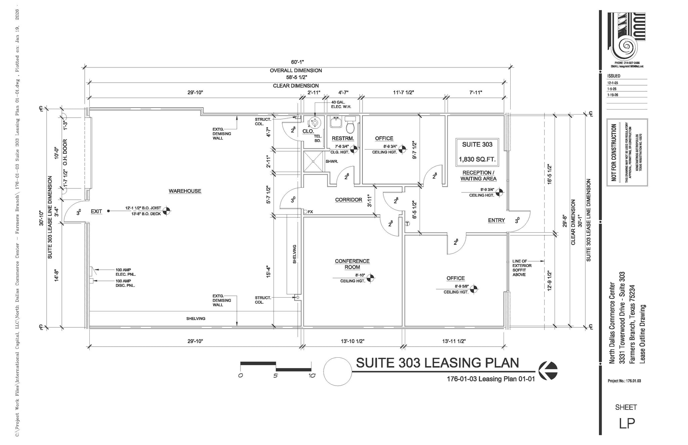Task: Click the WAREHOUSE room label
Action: [185, 191]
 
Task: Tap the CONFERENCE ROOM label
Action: [352, 264]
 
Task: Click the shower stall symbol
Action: [313, 162]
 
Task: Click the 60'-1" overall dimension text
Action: [297, 62]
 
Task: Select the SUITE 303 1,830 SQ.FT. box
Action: [477, 152]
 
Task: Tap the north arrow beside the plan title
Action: [548, 371]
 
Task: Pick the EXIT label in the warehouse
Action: [96, 211]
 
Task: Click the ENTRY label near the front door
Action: [496, 220]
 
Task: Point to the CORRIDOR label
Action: [348, 200]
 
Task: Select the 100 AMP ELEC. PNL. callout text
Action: [126, 272]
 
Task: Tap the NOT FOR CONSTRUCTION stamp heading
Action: [614, 152]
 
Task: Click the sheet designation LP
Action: [627, 424]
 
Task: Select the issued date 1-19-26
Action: [612, 95]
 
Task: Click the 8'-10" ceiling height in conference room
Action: [360, 275]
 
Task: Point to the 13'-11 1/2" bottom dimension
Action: [454, 341]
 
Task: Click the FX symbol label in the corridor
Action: [310, 212]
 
